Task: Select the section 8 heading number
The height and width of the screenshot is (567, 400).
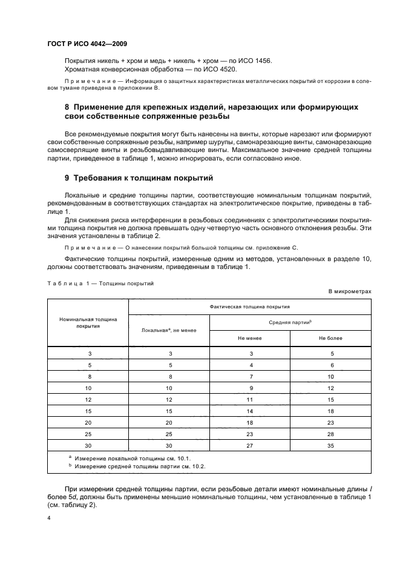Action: [x=68, y=107]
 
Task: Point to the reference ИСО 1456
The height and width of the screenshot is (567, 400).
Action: [x=256, y=61]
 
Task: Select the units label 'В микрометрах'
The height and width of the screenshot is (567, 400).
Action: [x=350, y=291]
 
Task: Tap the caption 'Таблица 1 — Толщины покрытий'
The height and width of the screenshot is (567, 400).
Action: [x=100, y=283]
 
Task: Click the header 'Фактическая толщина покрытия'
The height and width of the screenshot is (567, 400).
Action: [x=249, y=307]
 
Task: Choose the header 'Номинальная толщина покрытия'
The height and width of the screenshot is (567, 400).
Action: [x=88, y=322]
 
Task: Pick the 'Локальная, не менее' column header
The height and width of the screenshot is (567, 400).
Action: [x=169, y=330]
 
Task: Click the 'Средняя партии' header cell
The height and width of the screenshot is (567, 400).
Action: [x=290, y=322]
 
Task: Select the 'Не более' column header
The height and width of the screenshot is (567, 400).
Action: [x=330, y=338]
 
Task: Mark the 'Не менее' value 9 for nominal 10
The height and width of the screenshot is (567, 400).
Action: [x=249, y=387]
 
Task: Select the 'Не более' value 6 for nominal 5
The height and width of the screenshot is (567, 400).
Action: [x=330, y=365]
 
